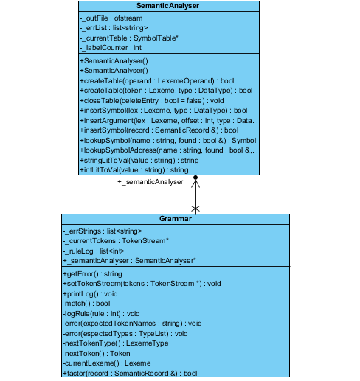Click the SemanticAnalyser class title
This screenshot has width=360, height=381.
click(x=167, y=6)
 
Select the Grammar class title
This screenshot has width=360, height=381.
click(x=176, y=219)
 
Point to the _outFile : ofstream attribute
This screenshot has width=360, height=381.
click(x=111, y=18)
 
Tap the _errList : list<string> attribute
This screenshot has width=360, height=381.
click(x=114, y=28)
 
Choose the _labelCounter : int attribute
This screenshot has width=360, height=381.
click(x=111, y=48)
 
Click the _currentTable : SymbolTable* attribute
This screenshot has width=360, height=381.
click(x=129, y=38)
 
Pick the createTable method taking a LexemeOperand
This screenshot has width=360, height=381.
click(x=157, y=81)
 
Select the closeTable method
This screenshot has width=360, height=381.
click(x=152, y=101)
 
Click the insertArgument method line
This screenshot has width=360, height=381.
click(x=169, y=121)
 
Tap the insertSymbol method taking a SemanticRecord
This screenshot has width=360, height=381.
click(x=159, y=130)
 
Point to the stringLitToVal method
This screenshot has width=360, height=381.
click(x=139, y=161)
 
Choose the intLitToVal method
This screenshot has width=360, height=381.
click(x=134, y=170)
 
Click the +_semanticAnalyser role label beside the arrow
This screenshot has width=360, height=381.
click(x=150, y=182)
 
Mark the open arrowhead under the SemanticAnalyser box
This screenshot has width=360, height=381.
click(x=195, y=183)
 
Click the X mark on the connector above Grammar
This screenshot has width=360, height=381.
click(x=195, y=209)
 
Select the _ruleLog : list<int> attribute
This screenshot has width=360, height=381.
click(x=94, y=251)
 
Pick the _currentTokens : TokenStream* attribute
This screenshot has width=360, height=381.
click(x=116, y=241)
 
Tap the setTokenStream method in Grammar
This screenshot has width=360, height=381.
click(x=142, y=284)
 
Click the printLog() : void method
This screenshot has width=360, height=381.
click(x=90, y=294)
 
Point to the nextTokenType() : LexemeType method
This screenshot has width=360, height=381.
click(x=116, y=343)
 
